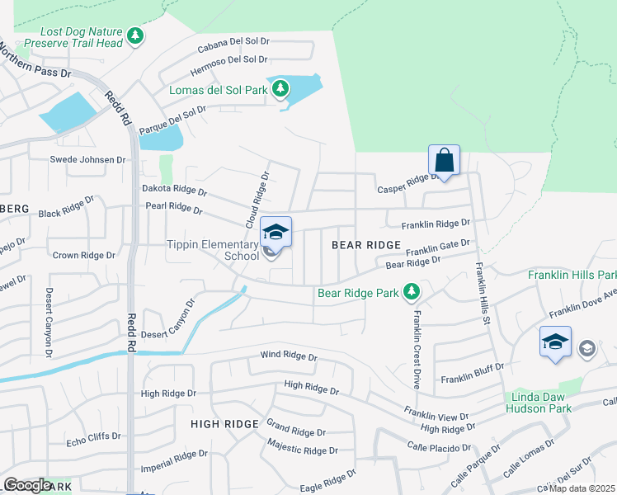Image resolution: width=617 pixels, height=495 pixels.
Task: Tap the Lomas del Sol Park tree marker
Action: [280, 87]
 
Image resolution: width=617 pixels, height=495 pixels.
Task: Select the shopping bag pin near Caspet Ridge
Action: [444, 161]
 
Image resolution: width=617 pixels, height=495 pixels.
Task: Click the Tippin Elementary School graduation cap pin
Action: [276, 233]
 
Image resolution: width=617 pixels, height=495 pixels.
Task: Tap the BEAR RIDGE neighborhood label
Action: [366, 245]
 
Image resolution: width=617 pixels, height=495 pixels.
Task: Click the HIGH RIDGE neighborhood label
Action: [225, 423]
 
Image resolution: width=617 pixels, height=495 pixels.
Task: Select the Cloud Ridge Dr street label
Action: [257, 200]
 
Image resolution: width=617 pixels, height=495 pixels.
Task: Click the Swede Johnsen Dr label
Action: [87, 159]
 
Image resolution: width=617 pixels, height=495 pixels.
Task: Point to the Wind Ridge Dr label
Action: [289, 356]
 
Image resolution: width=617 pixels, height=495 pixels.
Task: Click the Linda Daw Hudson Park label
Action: [537, 403]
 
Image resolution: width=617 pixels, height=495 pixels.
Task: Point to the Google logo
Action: [26, 485]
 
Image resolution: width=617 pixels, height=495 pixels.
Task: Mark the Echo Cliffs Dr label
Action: [92, 436]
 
